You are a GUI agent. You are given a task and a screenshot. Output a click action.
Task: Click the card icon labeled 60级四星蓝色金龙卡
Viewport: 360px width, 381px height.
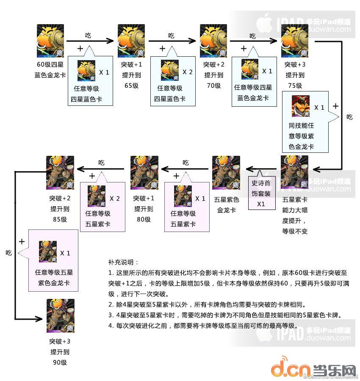(50, 41)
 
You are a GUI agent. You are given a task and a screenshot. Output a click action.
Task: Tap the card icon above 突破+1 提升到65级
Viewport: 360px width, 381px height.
(132, 41)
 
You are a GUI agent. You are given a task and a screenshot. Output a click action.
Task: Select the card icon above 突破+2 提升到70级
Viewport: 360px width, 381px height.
(213, 41)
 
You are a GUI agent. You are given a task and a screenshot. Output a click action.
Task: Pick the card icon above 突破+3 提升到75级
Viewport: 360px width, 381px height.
(295, 41)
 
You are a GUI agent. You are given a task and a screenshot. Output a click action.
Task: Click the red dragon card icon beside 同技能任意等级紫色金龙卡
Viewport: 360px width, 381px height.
(301, 106)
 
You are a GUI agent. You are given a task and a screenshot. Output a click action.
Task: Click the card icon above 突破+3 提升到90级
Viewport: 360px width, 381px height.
(60, 315)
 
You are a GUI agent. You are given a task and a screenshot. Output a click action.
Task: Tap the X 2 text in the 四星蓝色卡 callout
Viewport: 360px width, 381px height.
(185, 72)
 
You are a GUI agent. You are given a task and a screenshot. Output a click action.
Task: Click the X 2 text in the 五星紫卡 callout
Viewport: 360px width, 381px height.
(115, 198)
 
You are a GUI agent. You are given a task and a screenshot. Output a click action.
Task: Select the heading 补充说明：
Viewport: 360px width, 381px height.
(123, 262)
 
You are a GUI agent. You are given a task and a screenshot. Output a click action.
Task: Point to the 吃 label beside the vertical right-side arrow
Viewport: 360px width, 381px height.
(349, 117)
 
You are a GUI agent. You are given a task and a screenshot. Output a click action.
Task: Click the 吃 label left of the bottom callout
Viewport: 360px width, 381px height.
(8, 253)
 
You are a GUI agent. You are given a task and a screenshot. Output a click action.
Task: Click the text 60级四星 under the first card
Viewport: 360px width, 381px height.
(50, 65)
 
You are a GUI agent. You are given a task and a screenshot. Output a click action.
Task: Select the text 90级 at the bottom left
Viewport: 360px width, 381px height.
(60, 362)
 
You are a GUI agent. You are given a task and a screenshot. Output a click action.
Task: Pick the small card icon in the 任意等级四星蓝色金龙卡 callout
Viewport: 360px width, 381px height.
(250, 69)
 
